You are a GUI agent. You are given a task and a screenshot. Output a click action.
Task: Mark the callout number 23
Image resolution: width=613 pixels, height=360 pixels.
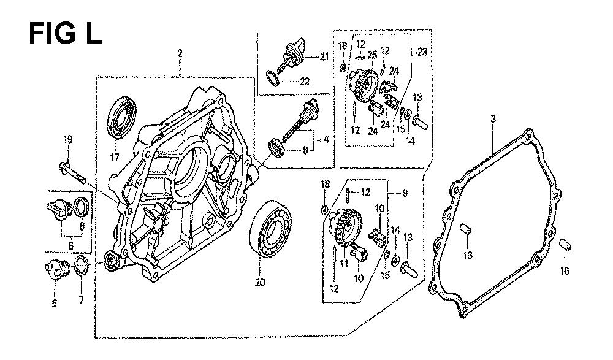point(422,52)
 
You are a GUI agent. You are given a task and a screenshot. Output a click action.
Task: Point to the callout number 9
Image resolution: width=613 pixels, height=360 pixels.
point(405,193)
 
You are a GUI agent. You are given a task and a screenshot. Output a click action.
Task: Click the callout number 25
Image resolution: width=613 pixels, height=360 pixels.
point(372,55)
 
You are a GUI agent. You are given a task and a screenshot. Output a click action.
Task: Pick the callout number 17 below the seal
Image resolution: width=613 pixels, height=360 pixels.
point(114,156)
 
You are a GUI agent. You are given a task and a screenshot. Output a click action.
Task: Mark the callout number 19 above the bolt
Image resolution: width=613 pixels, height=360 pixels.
point(67,141)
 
